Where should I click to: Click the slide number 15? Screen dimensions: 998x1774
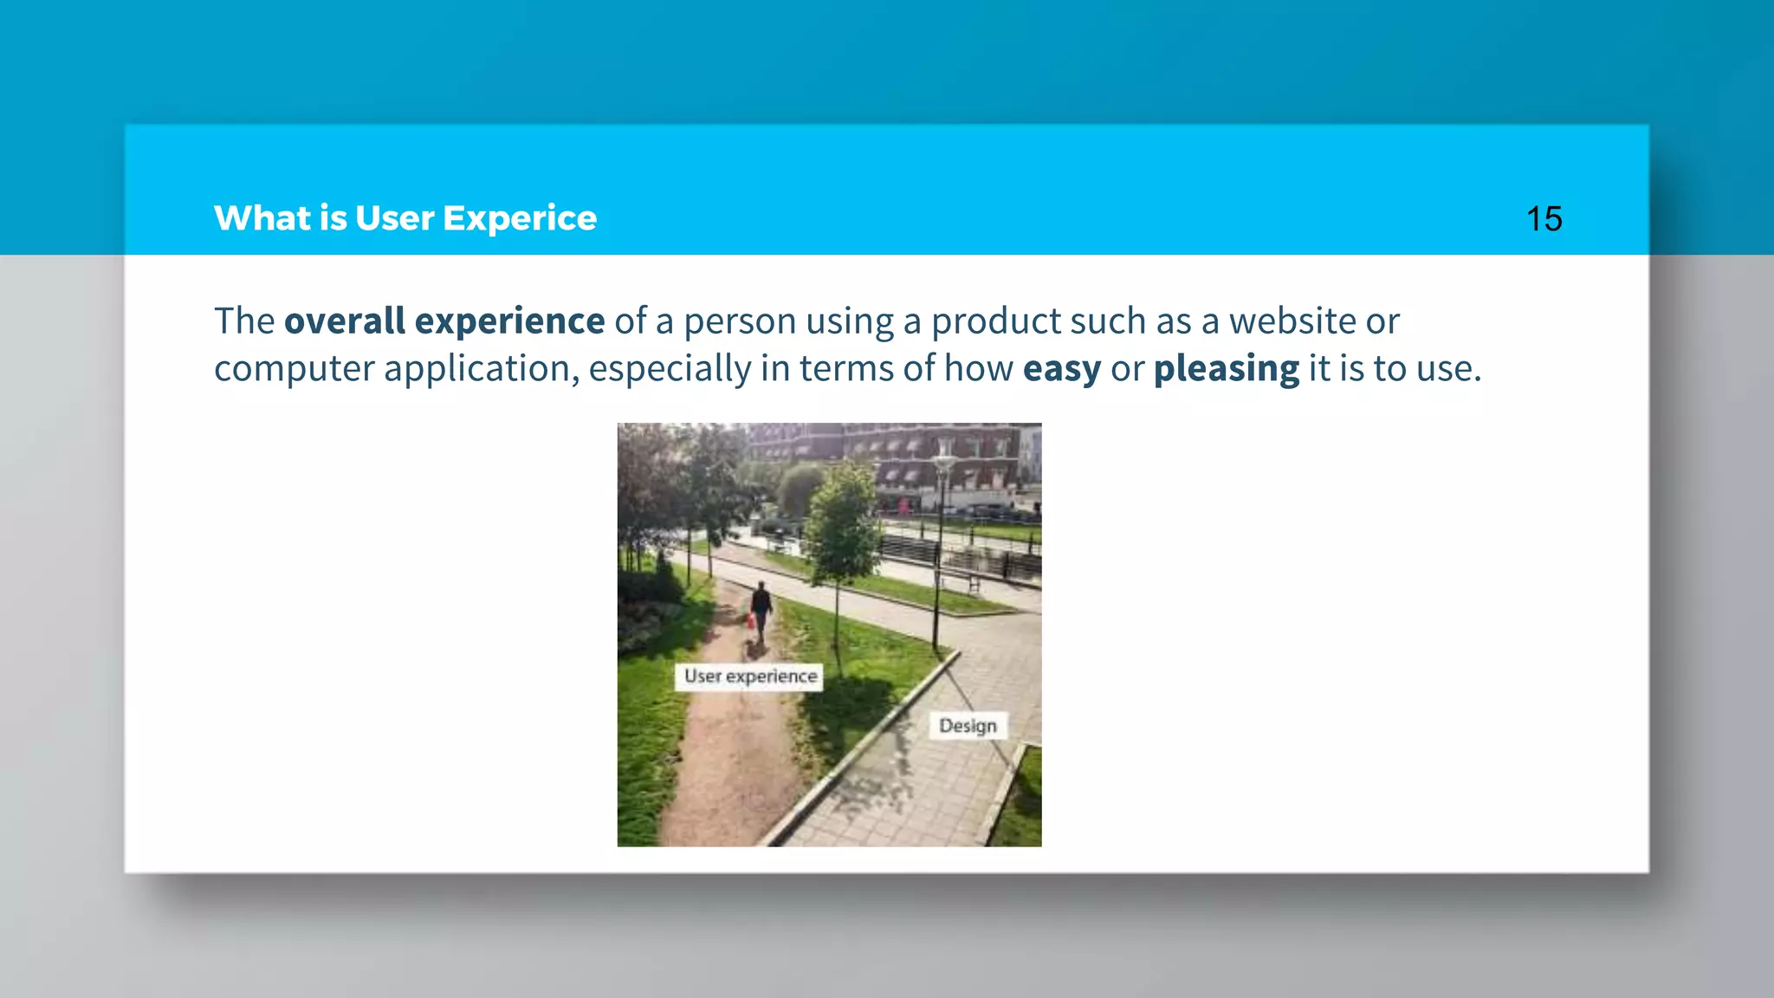click(1544, 219)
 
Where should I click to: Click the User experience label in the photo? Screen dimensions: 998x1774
click(750, 677)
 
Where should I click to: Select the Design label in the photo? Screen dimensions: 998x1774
click(968, 726)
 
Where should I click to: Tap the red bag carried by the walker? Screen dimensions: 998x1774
click(751, 620)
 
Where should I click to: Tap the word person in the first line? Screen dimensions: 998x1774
click(740, 321)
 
